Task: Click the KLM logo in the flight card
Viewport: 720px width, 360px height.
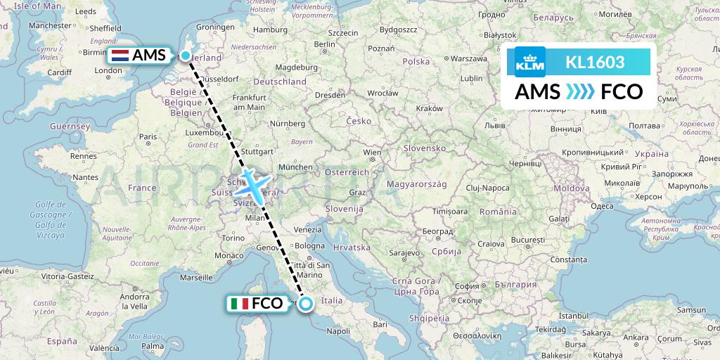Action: pyautogui.click(x=529, y=62)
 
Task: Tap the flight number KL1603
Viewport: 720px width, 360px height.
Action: pyautogui.click(x=595, y=62)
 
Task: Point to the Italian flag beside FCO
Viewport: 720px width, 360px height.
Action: pyautogui.click(x=239, y=304)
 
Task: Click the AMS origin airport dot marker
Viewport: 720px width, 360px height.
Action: pyautogui.click(x=185, y=56)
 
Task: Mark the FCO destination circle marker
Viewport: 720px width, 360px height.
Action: pyautogui.click(x=306, y=304)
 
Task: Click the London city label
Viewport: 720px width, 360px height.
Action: pyautogui.click(x=94, y=71)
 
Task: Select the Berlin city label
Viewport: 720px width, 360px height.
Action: pyautogui.click(x=325, y=44)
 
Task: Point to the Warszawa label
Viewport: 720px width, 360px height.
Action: pyautogui.click(x=470, y=58)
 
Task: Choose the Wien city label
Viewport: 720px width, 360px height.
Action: pyautogui.click(x=371, y=152)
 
